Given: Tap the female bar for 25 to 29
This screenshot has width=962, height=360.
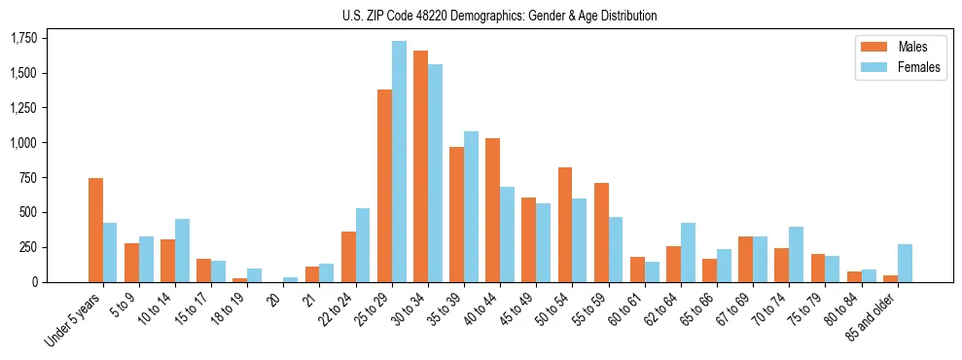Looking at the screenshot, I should point(399,162).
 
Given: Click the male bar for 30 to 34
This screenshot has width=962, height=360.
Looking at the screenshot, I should point(420,166).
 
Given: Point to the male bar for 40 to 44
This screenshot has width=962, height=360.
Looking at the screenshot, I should point(492,210).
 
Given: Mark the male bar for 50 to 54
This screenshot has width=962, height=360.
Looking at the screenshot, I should point(564,225).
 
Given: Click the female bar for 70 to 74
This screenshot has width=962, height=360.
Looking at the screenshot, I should point(796,254).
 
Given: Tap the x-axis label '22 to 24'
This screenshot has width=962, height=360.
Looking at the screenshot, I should point(346,309).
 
